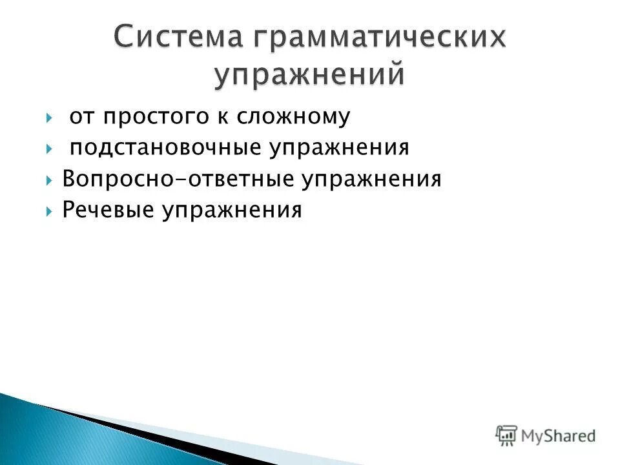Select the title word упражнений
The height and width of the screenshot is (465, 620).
point(311,74)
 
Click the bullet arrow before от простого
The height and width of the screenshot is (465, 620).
point(50,118)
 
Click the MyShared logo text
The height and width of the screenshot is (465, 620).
point(559,436)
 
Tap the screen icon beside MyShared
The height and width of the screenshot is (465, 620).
point(506,435)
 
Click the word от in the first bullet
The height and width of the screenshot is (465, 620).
point(81,117)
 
